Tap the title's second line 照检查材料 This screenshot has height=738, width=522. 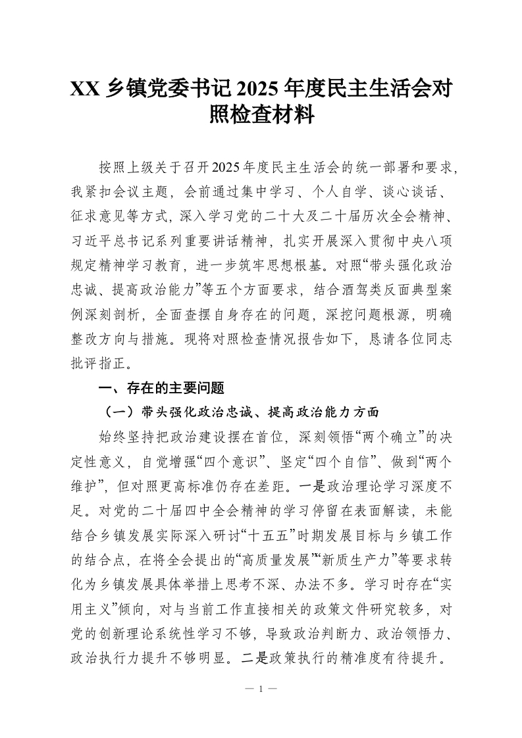pos(261,116)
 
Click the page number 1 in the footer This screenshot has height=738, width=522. pos(261,689)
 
